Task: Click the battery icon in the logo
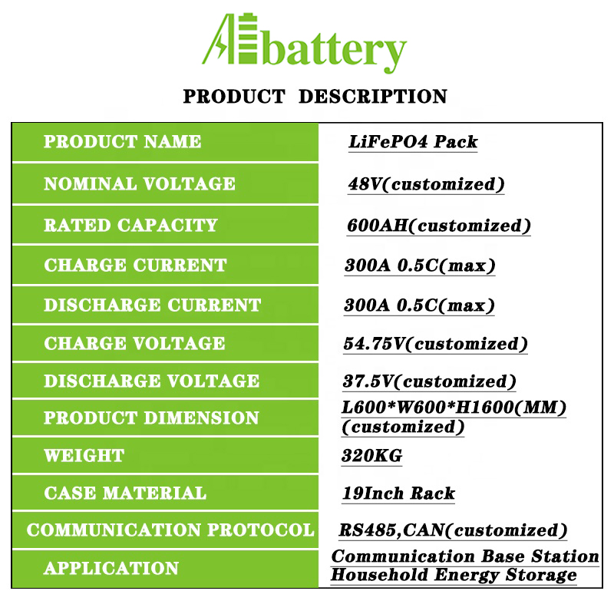pyautogui.click(x=248, y=38)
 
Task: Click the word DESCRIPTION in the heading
pyautogui.click(x=373, y=97)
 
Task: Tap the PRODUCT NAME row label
pyautogui.click(x=122, y=141)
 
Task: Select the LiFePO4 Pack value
pyautogui.click(x=413, y=142)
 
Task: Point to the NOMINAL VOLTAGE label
pyautogui.click(x=140, y=183)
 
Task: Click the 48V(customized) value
pyautogui.click(x=426, y=184)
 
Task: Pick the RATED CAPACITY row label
pyautogui.click(x=130, y=225)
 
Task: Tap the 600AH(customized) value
pyautogui.click(x=438, y=226)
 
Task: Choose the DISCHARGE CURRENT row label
pyautogui.click(x=152, y=305)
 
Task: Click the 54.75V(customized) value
pyautogui.click(x=435, y=344)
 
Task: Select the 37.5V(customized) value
pyautogui.click(x=430, y=381)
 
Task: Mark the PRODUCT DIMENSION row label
pyautogui.click(x=151, y=418)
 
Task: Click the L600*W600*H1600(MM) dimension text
pyautogui.click(x=454, y=408)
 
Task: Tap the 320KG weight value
pyautogui.click(x=372, y=456)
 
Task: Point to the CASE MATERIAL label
pyautogui.click(x=125, y=493)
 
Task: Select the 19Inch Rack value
pyautogui.click(x=398, y=494)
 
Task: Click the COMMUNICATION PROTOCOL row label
pyautogui.click(x=170, y=530)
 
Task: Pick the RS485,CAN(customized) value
pyautogui.click(x=453, y=530)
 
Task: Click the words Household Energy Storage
pyautogui.click(x=454, y=575)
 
